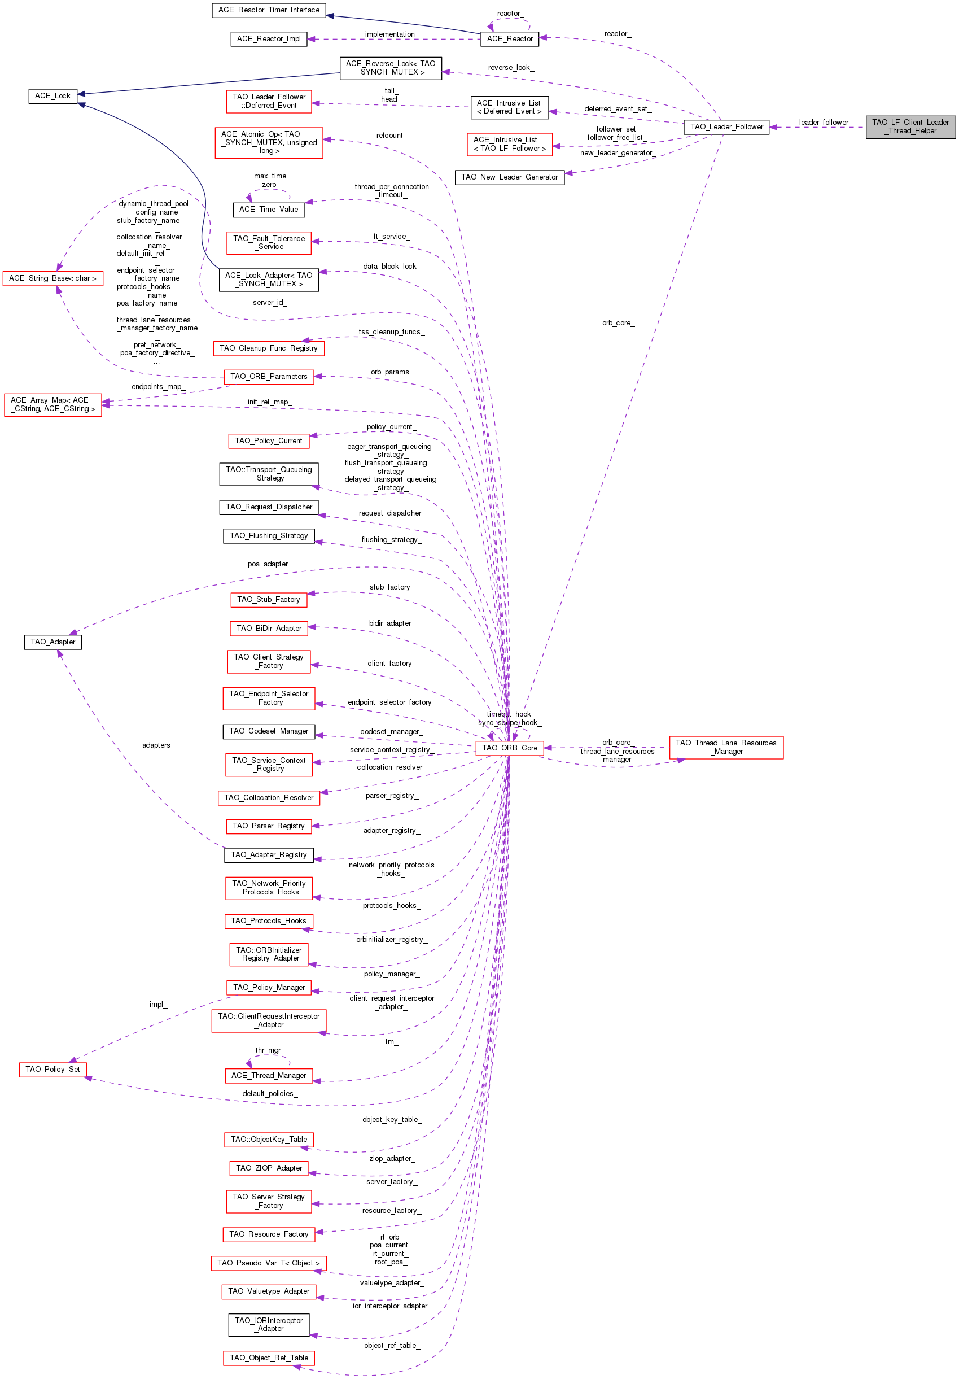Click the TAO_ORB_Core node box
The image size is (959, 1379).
point(509,748)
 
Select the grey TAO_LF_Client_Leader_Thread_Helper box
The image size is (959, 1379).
point(910,126)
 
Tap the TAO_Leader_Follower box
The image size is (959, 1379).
point(726,126)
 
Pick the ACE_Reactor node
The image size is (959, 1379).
point(510,38)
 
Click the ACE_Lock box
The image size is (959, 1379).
point(53,95)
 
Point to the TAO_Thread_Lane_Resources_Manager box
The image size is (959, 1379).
point(726,747)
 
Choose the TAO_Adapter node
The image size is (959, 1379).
point(53,642)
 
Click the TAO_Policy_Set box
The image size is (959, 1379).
point(53,1069)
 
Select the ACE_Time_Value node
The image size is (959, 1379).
point(269,209)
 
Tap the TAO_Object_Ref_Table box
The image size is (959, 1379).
point(269,1358)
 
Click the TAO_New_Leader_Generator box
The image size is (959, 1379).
point(509,177)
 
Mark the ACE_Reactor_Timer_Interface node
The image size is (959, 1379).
point(269,10)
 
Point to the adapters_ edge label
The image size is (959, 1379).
point(159,745)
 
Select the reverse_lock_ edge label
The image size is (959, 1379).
point(511,67)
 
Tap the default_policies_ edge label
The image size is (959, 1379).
point(270,1094)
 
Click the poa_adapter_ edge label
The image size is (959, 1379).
point(270,564)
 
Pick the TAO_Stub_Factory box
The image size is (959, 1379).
point(269,599)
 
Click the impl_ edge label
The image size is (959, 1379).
point(159,1004)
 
